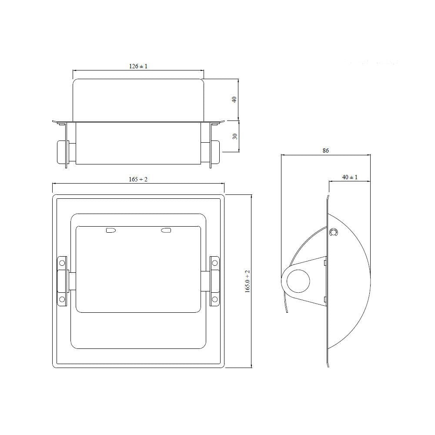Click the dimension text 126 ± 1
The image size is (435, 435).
click(x=138, y=66)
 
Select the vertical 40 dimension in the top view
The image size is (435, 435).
click(x=234, y=99)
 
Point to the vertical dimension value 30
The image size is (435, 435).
click(x=234, y=136)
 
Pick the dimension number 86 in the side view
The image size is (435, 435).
click(x=326, y=151)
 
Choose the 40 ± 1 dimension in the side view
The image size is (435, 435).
click(x=350, y=177)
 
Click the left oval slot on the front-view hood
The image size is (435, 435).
click(x=111, y=230)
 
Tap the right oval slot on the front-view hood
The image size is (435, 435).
click(x=166, y=230)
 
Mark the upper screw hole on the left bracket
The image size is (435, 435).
click(x=62, y=263)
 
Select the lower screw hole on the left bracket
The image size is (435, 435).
click(x=62, y=299)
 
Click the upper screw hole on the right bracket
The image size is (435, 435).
click(x=214, y=263)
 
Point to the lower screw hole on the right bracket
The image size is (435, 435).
click(x=214, y=299)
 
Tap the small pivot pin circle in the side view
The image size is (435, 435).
click(x=334, y=233)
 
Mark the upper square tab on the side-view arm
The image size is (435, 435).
click(x=325, y=262)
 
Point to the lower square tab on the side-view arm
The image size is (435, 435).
click(x=325, y=299)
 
